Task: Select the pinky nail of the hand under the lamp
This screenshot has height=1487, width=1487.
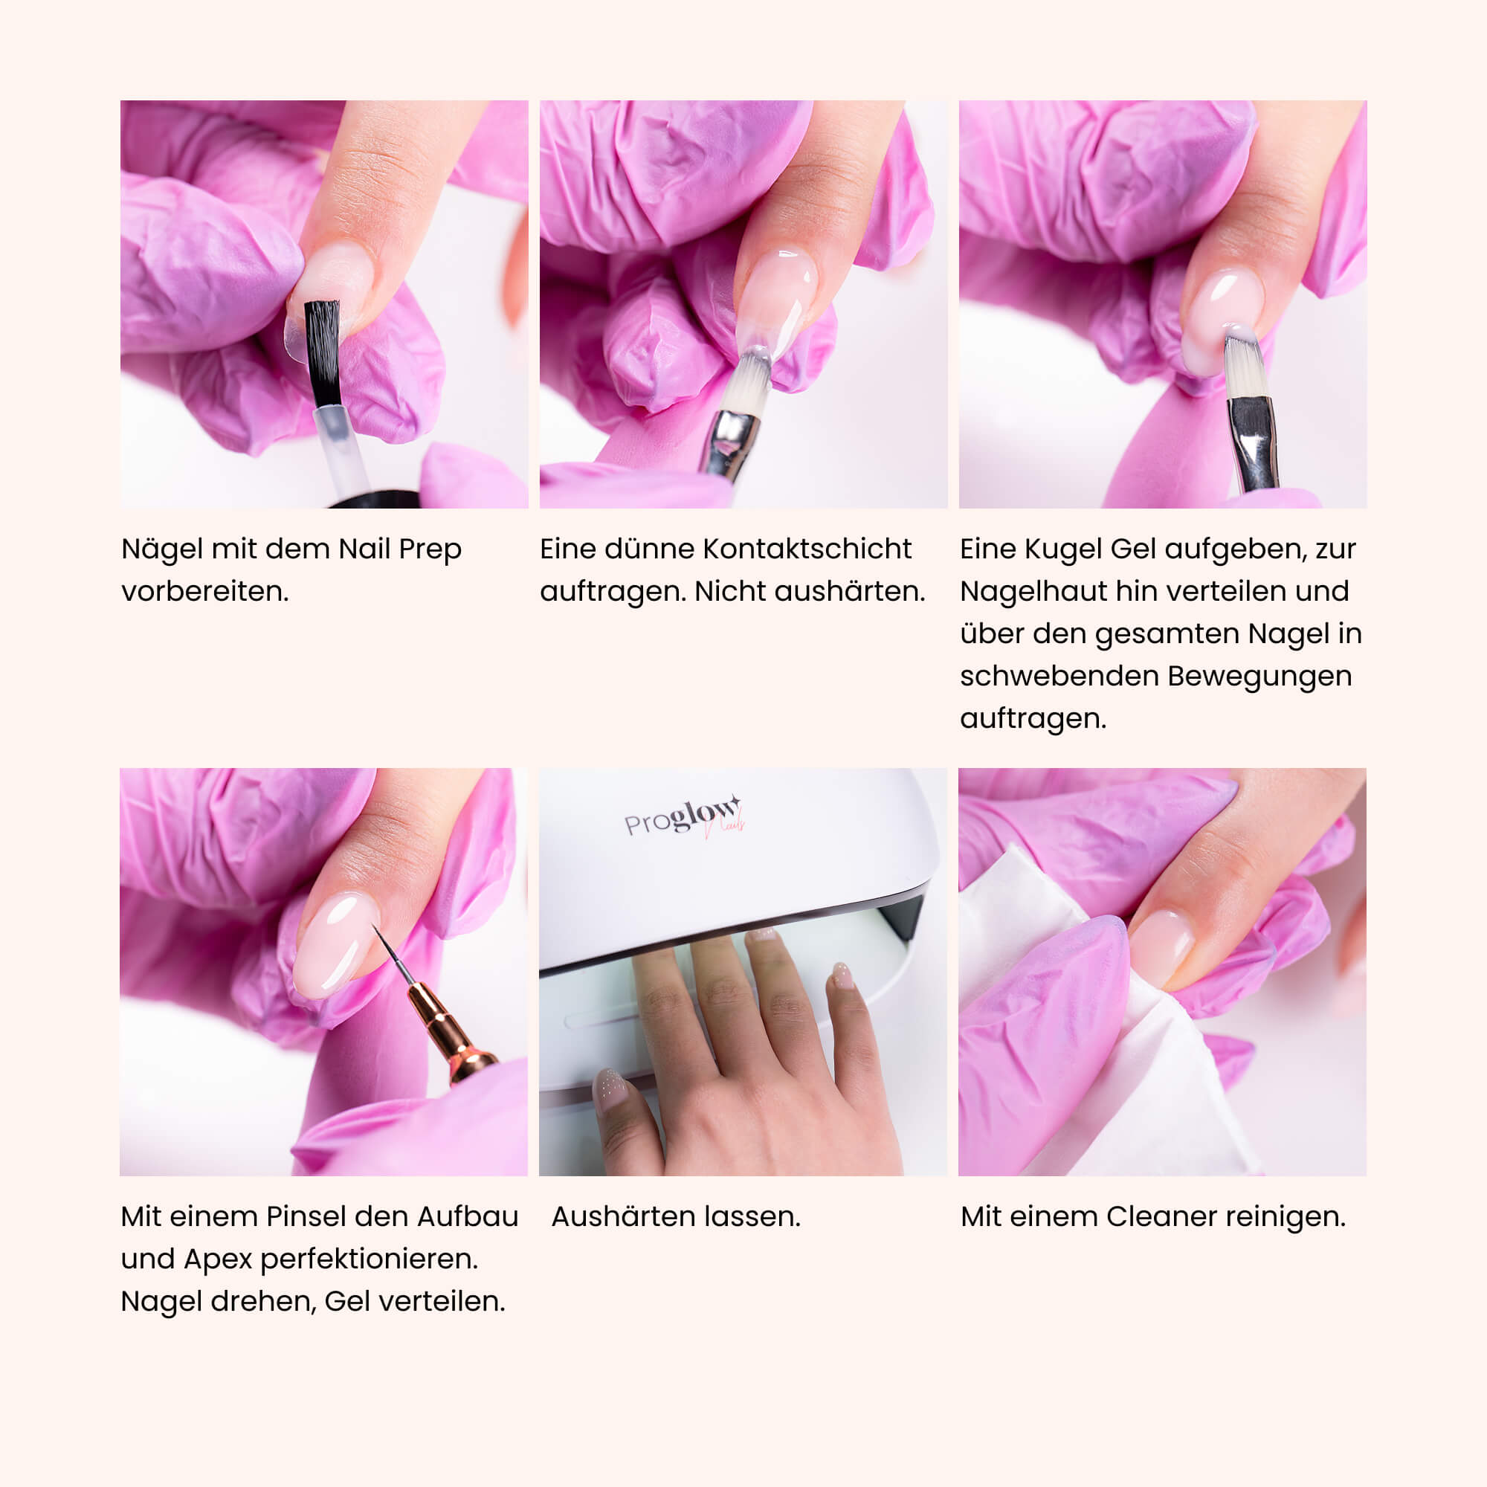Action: (x=843, y=975)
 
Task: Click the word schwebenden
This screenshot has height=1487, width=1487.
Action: (x=1059, y=675)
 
